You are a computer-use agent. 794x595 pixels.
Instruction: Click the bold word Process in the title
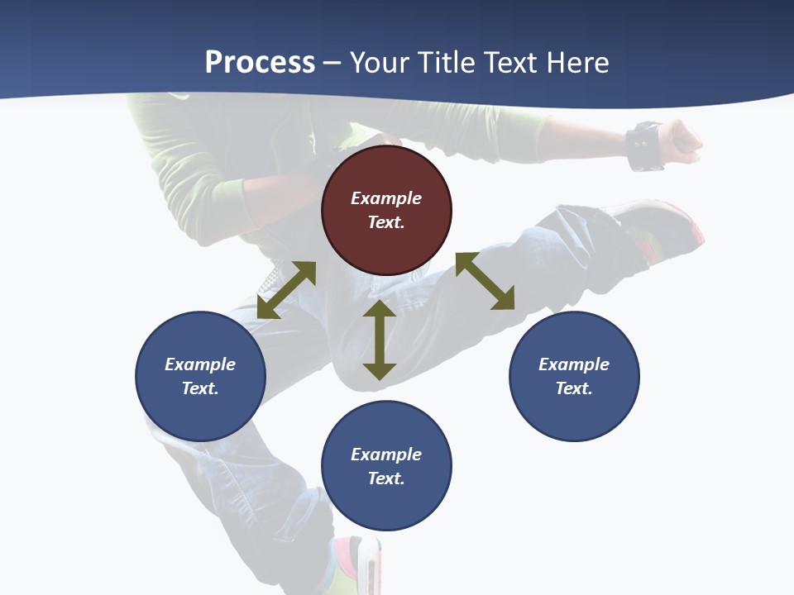(x=260, y=62)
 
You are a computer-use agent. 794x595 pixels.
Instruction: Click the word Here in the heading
(x=578, y=62)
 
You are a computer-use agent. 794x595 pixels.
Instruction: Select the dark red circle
(x=386, y=211)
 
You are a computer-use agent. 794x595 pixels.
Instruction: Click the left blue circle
(x=200, y=377)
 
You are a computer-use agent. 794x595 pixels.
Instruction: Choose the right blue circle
(x=574, y=377)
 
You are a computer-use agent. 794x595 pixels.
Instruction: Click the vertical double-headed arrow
(x=380, y=340)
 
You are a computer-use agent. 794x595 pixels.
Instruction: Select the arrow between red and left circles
(x=286, y=290)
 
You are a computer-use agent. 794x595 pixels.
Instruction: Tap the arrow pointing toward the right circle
(x=485, y=281)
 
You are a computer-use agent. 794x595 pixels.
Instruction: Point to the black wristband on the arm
(x=644, y=145)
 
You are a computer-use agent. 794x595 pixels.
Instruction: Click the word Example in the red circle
(x=386, y=198)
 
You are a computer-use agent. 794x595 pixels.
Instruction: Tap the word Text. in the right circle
(x=574, y=388)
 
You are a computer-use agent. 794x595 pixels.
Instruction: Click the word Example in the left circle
(x=200, y=364)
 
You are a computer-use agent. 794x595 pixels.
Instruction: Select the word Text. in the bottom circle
(x=386, y=478)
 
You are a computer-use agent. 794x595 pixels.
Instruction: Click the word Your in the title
(x=378, y=62)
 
